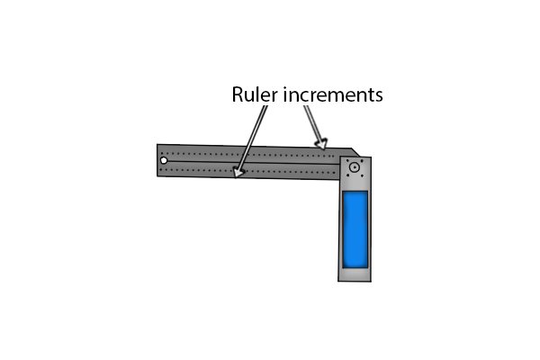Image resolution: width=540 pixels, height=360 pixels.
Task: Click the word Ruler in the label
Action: (x=255, y=94)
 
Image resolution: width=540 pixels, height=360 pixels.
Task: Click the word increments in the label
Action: (x=333, y=94)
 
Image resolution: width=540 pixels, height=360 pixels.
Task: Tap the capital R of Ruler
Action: (x=238, y=94)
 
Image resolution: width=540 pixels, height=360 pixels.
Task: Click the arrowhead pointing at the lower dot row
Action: (x=238, y=172)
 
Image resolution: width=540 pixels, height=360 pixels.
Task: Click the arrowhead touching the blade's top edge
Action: (x=321, y=144)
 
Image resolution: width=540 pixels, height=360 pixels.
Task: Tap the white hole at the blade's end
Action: (x=164, y=160)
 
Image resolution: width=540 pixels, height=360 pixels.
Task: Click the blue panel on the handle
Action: (x=355, y=229)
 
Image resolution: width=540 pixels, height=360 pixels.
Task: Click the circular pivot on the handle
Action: (x=355, y=167)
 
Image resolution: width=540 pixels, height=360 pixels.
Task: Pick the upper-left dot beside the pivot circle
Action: (x=347, y=160)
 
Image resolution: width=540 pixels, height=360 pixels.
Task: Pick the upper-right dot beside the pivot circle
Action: (x=362, y=160)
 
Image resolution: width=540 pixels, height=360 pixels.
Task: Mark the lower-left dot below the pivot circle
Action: (x=347, y=175)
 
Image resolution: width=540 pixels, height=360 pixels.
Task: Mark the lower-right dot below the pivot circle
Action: (x=362, y=176)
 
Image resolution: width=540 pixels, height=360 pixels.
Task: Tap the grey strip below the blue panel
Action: (x=355, y=274)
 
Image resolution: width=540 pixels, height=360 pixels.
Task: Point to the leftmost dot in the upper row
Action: (x=163, y=153)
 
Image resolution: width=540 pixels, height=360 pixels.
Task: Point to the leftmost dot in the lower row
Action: (x=162, y=169)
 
